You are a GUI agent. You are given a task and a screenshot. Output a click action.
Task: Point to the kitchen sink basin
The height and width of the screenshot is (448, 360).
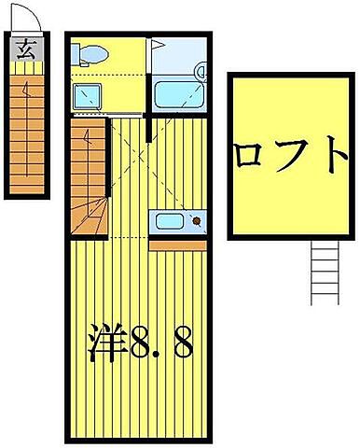pos(170,223)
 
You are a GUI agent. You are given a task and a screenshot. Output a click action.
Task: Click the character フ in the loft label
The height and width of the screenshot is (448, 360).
pos(293,155)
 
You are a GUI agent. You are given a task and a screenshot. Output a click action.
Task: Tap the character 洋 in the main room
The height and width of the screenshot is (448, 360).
pos(108,343)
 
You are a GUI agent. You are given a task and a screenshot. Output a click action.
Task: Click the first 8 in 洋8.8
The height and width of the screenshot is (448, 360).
pos(143,343)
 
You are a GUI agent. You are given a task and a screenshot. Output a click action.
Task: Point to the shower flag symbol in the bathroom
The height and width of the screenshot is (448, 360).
pos(159,43)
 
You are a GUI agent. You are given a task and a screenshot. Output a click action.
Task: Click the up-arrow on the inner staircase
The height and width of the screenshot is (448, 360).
pos(87,140)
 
